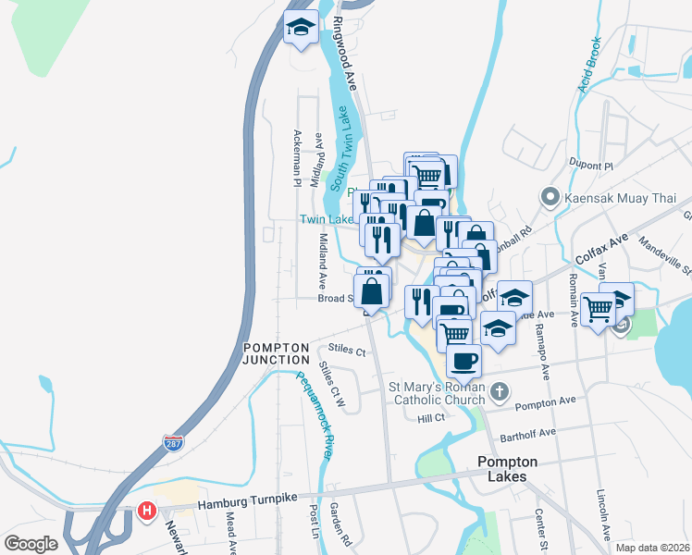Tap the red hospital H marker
coord(146,510)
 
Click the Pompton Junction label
coord(277,352)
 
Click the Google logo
coord(31,543)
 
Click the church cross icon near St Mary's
coord(500,390)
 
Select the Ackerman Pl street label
coord(298,157)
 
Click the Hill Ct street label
coord(431,418)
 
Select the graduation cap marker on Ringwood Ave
coord(301,27)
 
